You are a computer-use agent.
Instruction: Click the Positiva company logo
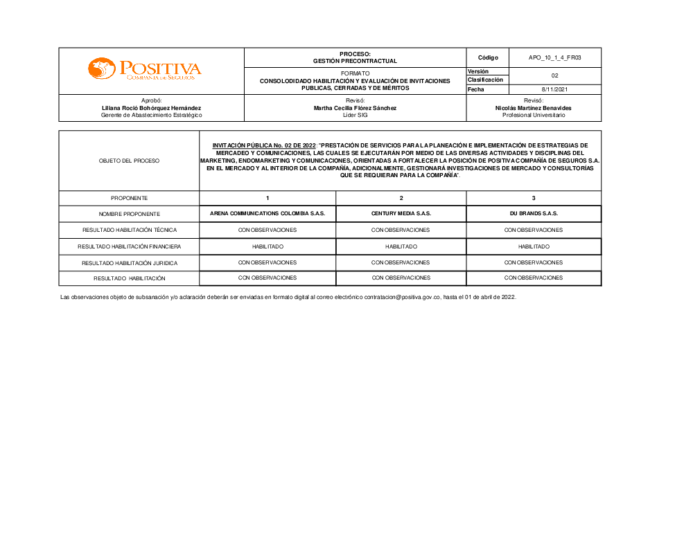(144, 69)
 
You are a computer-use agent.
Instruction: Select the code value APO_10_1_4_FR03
(554, 57)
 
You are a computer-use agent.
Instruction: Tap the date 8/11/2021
(554, 89)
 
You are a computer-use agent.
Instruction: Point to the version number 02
(554, 75)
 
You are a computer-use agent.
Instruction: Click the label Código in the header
(488, 57)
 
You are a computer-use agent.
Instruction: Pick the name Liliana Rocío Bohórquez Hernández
(151, 108)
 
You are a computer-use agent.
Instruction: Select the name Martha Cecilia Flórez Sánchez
(355, 108)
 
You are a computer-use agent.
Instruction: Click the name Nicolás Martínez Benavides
(534, 108)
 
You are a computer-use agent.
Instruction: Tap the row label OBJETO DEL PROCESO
(129, 161)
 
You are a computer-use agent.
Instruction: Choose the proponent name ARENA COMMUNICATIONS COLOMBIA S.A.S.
(267, 214)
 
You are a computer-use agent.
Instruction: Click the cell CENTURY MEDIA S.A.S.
(401, 214)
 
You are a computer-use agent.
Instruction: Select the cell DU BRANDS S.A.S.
(534, 214)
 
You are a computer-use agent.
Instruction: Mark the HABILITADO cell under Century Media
(401, 246)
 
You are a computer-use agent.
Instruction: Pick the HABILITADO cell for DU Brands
(534, 246)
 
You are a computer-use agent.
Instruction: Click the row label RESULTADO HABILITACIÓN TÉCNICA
(129, 230)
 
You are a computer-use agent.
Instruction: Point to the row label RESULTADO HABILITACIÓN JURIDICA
(129, 263)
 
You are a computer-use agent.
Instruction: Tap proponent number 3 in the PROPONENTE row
(534, 198)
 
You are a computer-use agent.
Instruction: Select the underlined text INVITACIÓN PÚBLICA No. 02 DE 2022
(264, 145)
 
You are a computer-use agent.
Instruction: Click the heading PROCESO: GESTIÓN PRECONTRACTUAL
(355, 57)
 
